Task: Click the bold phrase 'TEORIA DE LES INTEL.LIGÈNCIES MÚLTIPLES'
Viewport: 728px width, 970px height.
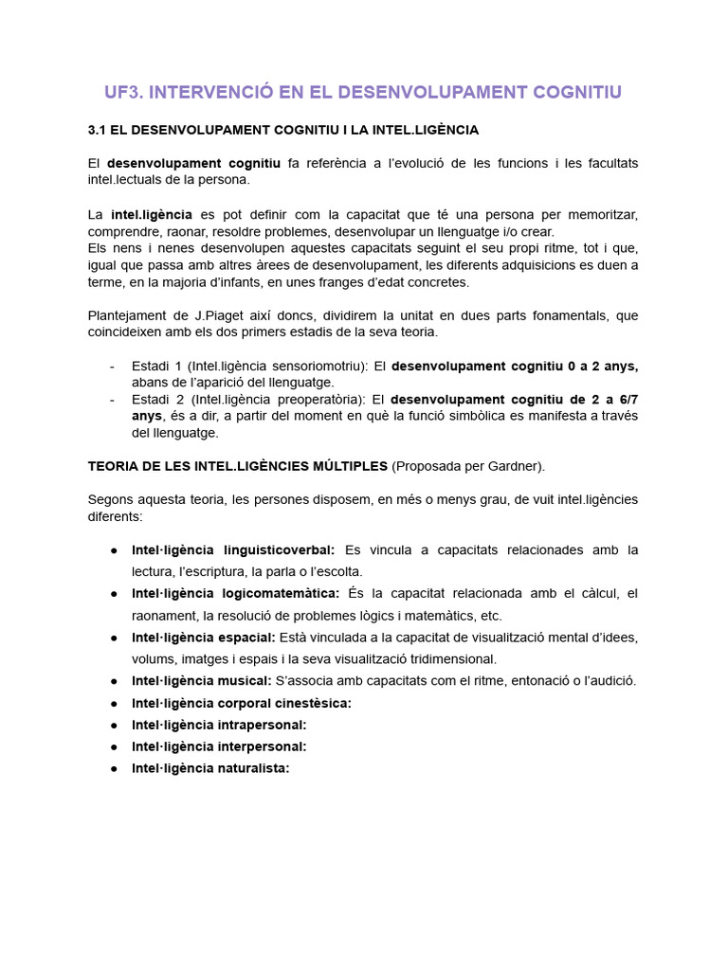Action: point(238,465)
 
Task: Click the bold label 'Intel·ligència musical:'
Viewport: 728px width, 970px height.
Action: point(202,680)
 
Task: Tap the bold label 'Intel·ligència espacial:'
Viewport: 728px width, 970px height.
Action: point(204,637)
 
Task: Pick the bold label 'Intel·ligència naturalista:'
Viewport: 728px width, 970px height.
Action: point(210,768)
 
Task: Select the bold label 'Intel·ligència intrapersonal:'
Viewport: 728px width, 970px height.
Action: point(219,725)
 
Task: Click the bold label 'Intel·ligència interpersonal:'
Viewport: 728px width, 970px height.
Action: point(219,746)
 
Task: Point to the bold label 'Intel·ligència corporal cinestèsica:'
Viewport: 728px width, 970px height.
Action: point(242,703)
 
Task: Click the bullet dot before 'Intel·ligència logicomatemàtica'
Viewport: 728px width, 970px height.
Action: point(114,594)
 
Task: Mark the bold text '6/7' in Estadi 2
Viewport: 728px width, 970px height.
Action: point(627,399)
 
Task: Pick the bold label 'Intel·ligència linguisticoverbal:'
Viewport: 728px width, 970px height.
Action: point(233,549)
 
